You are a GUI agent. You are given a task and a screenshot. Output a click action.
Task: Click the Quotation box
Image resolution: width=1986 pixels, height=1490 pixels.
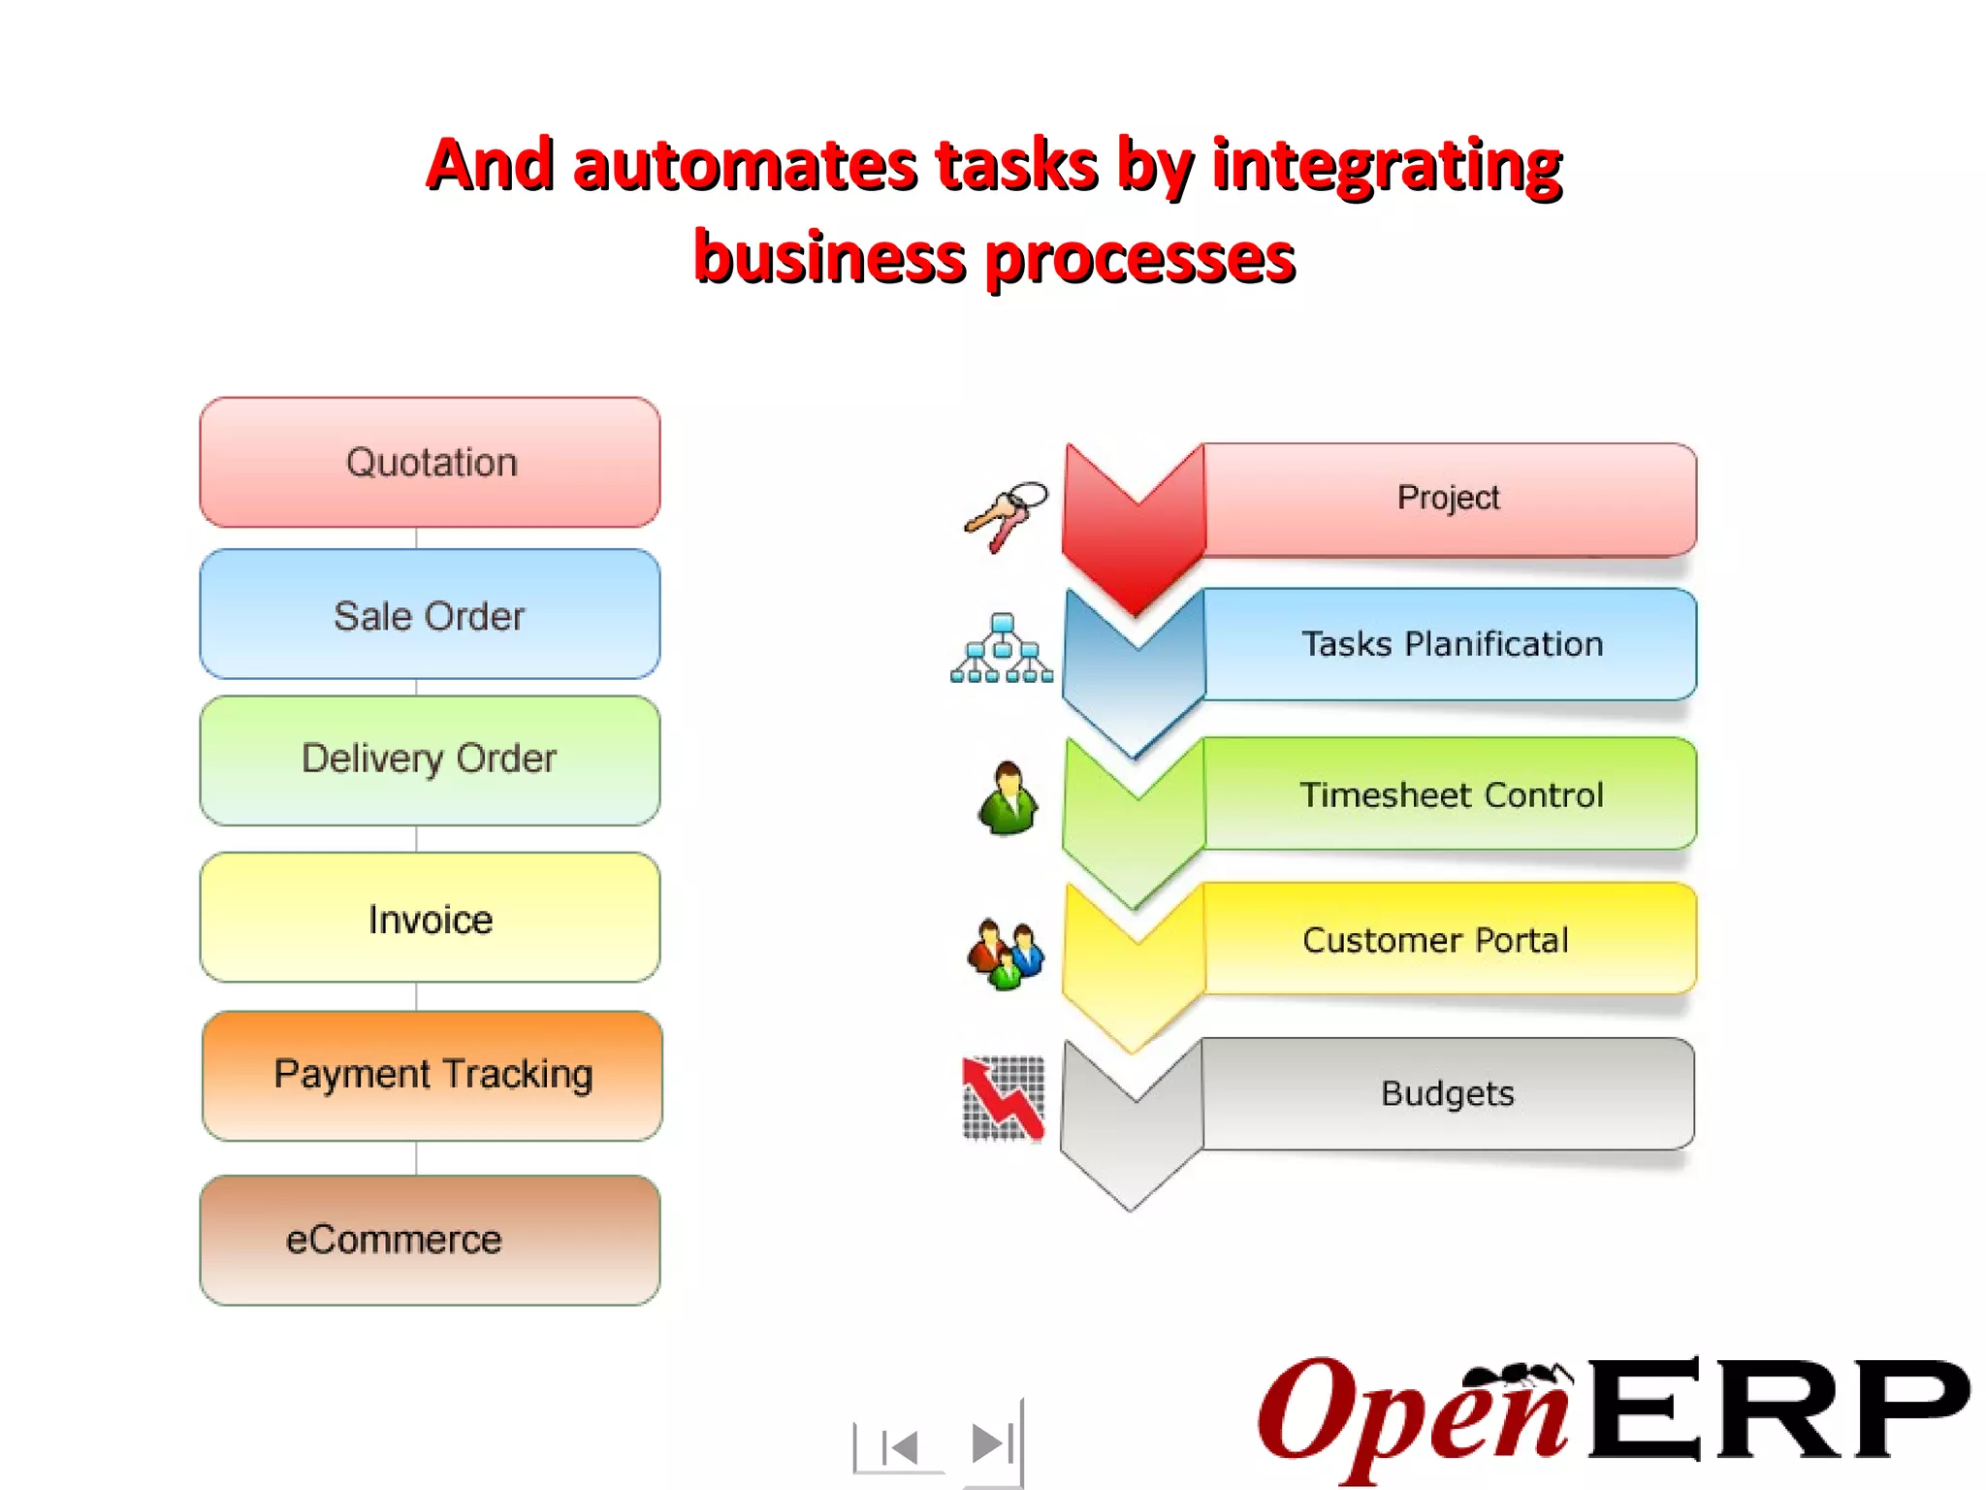point(430,463)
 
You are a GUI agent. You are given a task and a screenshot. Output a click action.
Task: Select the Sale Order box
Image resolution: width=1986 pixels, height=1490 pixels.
point(430,615)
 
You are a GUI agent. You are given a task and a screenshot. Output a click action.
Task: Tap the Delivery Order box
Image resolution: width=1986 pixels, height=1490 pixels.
point(430,760)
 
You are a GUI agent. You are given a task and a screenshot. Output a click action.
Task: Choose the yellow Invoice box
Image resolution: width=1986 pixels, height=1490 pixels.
point(430,918)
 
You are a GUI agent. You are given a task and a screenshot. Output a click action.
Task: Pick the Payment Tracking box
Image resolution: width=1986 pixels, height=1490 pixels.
point(432,1075)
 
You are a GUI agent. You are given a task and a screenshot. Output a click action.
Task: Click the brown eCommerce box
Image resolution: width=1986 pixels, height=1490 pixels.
point(430,1240)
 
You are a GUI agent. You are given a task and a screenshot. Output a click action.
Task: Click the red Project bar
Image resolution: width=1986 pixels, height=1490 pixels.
point(1448,499)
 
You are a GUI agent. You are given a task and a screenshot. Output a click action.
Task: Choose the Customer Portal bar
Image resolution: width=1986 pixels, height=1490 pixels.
point(1435,939)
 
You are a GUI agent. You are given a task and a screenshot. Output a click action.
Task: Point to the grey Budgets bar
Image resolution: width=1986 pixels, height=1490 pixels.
point(1447,1093)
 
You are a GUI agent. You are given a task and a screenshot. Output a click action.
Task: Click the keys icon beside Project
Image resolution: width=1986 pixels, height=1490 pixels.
point(1006,515)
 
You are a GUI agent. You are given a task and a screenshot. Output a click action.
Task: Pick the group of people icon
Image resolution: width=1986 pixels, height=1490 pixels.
point(1006,953)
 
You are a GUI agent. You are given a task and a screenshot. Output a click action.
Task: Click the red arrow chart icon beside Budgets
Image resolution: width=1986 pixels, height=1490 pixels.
point(1004,1098)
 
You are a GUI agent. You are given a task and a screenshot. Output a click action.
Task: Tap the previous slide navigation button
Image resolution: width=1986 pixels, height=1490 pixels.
point(900,1447)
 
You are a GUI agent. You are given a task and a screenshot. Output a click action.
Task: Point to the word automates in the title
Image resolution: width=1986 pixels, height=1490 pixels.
point(744,165)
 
